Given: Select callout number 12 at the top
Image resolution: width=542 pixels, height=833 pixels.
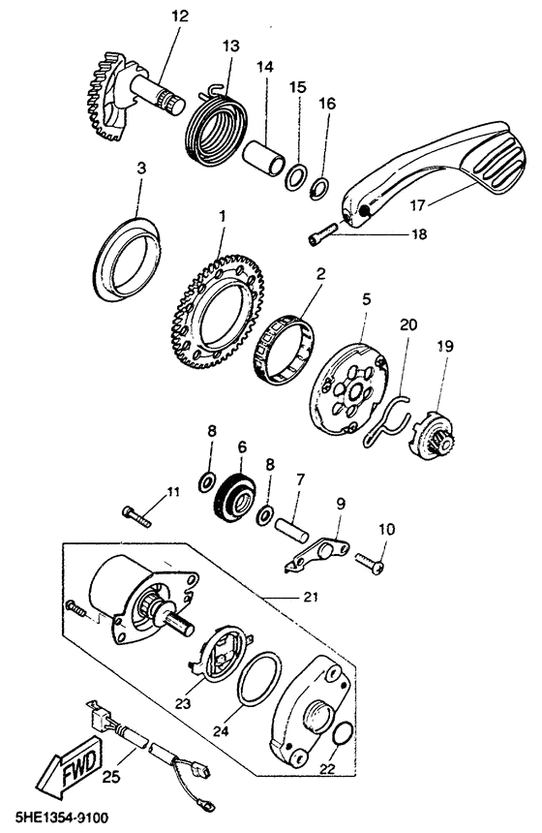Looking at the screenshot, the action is (x=180, y=15).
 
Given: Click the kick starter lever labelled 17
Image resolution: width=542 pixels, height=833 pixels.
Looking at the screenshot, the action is (x=430, y=170).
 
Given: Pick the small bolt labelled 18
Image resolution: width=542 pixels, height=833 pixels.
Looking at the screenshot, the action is (x=321, y=233).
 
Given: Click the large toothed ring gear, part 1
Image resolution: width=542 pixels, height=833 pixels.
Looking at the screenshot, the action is (x=218, y=311).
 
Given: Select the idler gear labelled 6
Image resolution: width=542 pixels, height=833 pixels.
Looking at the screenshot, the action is (x=234, y=496).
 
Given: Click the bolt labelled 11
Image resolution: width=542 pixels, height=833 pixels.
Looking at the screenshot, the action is (x=136, y=515).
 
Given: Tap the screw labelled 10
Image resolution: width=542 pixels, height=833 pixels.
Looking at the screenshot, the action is (x=370, y=563).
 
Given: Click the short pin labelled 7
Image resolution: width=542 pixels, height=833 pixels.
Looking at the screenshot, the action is (x=291, y=530).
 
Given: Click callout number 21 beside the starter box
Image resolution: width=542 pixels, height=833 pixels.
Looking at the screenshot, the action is (x=311, y=597).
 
